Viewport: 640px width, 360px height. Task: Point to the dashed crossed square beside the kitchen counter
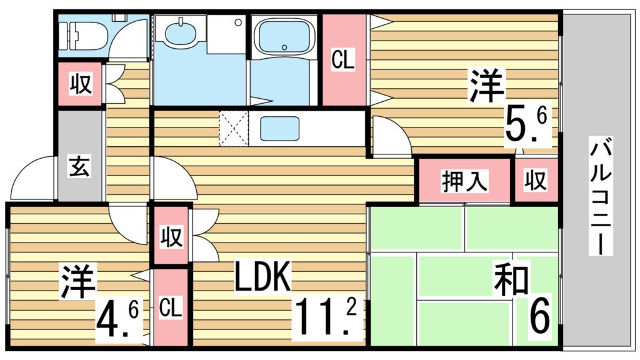(x=233, y=128)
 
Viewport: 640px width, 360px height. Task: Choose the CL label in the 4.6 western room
(x=171, y=307)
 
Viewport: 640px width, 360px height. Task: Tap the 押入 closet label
(x=465, y=181)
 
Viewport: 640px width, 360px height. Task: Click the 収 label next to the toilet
(x=81, y=84)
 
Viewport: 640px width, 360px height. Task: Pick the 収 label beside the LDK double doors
(x=171, y=237)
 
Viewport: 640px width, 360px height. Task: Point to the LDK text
(x=262, y=277)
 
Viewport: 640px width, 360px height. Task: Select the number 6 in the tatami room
(x=540, y=317)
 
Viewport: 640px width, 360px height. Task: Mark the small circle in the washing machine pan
(x=238, y=22)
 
